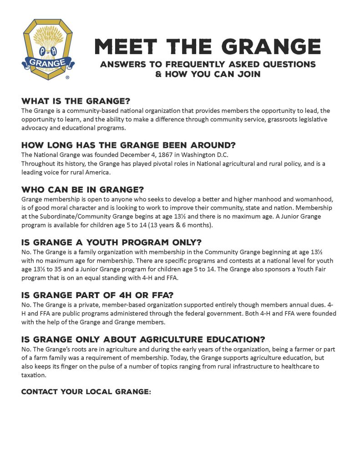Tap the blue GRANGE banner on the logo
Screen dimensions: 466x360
[48, 61]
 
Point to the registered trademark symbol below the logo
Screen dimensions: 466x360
[67, 78]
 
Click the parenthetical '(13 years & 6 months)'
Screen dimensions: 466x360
[179, 225]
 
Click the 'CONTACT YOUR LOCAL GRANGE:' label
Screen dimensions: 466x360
[86, 391]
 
